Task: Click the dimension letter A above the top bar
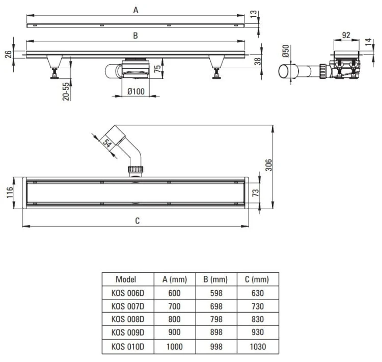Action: [x=135, y=10]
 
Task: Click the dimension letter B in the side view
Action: [x=135, y=36]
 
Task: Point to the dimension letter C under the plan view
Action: [x=138, y=220]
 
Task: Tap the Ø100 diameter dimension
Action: [x=136, y=92]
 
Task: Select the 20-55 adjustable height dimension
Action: [x=66, y=91]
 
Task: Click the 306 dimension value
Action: [x=268, y=165]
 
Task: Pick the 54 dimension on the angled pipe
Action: [x=107, y=143]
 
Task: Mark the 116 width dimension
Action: [x=10, y=192]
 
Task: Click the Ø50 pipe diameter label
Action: [x=286, y=51]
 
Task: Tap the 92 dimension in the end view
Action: [x=346, y=35]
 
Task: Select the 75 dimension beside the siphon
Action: [x=157, y=69]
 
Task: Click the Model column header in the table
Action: [x=126, y=279]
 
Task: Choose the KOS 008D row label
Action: [x=128, y=319]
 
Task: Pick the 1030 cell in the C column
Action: [x=258, y=346]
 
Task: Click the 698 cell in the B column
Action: [x=216, y=306]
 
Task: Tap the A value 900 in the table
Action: [x=174, y=332]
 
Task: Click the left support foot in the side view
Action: [x=54, y=67]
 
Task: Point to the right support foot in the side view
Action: [x=216, y=67]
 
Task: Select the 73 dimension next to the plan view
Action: [x=256, y=192]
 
